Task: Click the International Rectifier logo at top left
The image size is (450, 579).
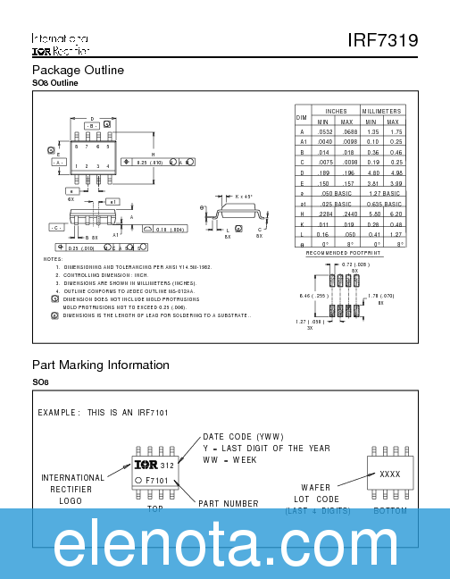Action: pos(59,46)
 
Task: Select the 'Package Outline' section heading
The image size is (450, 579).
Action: pos(77,70)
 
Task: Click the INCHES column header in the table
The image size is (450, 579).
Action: pos(336,112)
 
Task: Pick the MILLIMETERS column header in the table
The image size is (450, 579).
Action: pos(383,112)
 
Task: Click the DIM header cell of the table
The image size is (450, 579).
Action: pos(302,117)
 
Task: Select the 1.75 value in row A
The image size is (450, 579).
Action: pos(396,131)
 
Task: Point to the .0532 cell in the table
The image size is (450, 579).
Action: pos(324,131)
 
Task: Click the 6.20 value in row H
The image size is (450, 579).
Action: pos(396,214)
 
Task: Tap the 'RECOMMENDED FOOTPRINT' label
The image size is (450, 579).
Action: pos(344,253)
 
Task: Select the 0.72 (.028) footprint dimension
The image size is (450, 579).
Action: pos(356,265)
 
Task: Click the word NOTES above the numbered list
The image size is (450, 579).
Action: pos(53,258)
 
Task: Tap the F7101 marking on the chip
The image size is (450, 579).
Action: pos(157,481)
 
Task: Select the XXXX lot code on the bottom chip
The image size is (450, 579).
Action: pos(389,474)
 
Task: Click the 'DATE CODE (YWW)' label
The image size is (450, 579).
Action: pos(237,437)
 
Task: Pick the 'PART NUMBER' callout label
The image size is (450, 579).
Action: pos(229,503)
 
